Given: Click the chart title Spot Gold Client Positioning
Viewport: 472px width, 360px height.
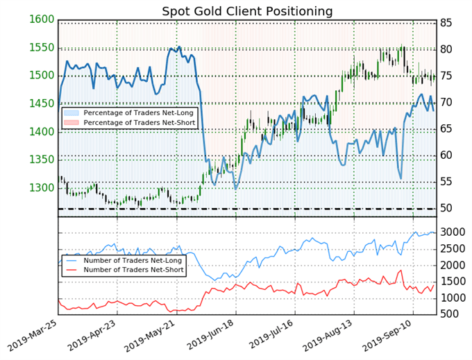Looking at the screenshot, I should pyautogui.click(x=247, y=11).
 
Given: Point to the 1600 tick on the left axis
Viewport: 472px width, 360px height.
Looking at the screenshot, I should pyautogui.click(x=42, y=19).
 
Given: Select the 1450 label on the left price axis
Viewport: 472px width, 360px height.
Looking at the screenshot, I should pyautogui.click(x=42, y=103).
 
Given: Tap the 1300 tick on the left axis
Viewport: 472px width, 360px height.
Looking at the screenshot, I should pyautogui.click(x=42, y=188).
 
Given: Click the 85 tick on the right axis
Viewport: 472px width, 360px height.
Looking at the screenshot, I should pyautogui.click(x=447, y=24).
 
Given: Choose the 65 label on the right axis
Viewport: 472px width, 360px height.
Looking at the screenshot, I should pyautogui.click(x=447, y=129).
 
